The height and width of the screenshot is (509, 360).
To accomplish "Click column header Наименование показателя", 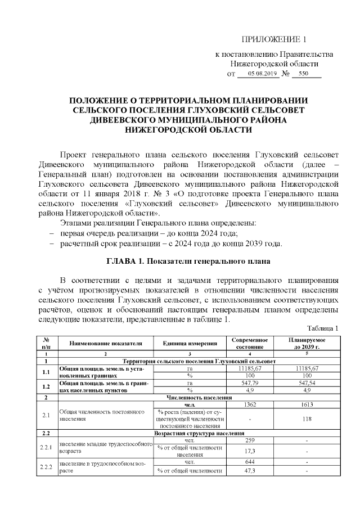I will pyautogui.click(x=106, y=343).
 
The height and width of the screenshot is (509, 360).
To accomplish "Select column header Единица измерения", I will pyautogui.click(x=190, y=343).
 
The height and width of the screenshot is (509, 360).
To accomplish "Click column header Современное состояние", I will pyautogui.click(x=249, y=343).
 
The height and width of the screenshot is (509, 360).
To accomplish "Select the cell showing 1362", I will pyautogui.click(x=249, y=404).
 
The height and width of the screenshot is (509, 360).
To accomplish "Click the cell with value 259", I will pyautogui.click(x=249, y=440).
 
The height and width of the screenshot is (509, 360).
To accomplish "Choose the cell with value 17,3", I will pyautogui.click(x=249, y=451).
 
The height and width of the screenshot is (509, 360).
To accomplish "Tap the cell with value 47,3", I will pyautogui.click(x=249, y=471).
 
